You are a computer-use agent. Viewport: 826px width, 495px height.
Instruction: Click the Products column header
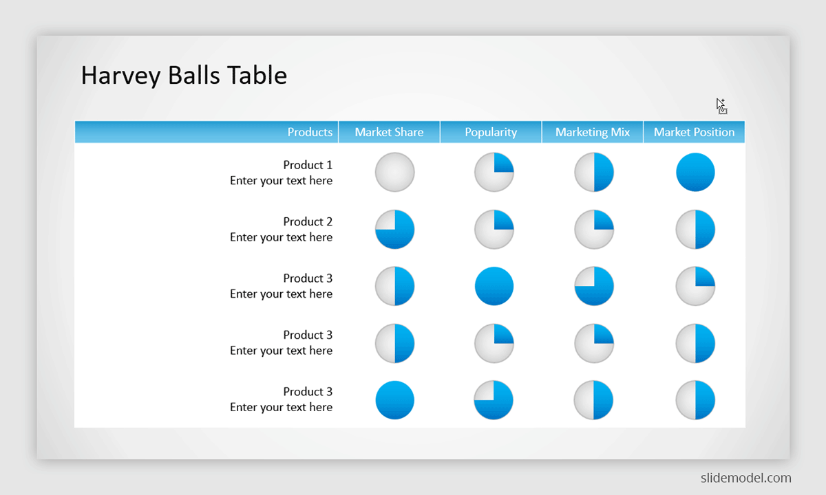[x=310, y=132]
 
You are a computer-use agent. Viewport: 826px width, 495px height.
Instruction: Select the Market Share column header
[x=389, y=132]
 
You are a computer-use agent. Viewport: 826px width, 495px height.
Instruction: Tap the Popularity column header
[x=491, y=132]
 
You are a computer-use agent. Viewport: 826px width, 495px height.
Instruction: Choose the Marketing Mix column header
[x=593, y=132]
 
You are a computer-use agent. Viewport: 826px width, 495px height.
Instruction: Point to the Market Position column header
[x=694, y=132]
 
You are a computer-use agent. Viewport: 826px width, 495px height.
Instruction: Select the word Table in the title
[x=257, y=75]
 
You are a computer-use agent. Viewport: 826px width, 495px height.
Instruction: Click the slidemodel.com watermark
[x=745, y=478]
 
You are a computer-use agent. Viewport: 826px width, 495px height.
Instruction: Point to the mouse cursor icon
[x=721, y=106]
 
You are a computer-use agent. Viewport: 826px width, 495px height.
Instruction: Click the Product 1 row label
[x=308, y=164]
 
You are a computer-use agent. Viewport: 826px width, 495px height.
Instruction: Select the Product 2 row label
[x=308, y=221]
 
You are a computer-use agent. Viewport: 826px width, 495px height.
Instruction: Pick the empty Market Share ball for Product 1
[x=394, y=172]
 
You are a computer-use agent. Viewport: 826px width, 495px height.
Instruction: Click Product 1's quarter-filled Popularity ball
[x=494, y=172]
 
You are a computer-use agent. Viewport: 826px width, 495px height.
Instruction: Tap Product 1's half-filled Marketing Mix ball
[x=593, y=172]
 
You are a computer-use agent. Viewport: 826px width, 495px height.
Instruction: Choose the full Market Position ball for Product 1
[x=695, y=172]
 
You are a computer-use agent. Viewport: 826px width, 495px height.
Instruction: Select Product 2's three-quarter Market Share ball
[x=394, y=230]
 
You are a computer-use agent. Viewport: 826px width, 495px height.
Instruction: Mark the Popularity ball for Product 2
[x=494, y=230]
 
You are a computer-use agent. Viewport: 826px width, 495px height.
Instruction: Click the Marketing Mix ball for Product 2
[x=593, y=230]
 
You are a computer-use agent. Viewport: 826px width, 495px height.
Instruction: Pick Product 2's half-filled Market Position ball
[x=695, y=230]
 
